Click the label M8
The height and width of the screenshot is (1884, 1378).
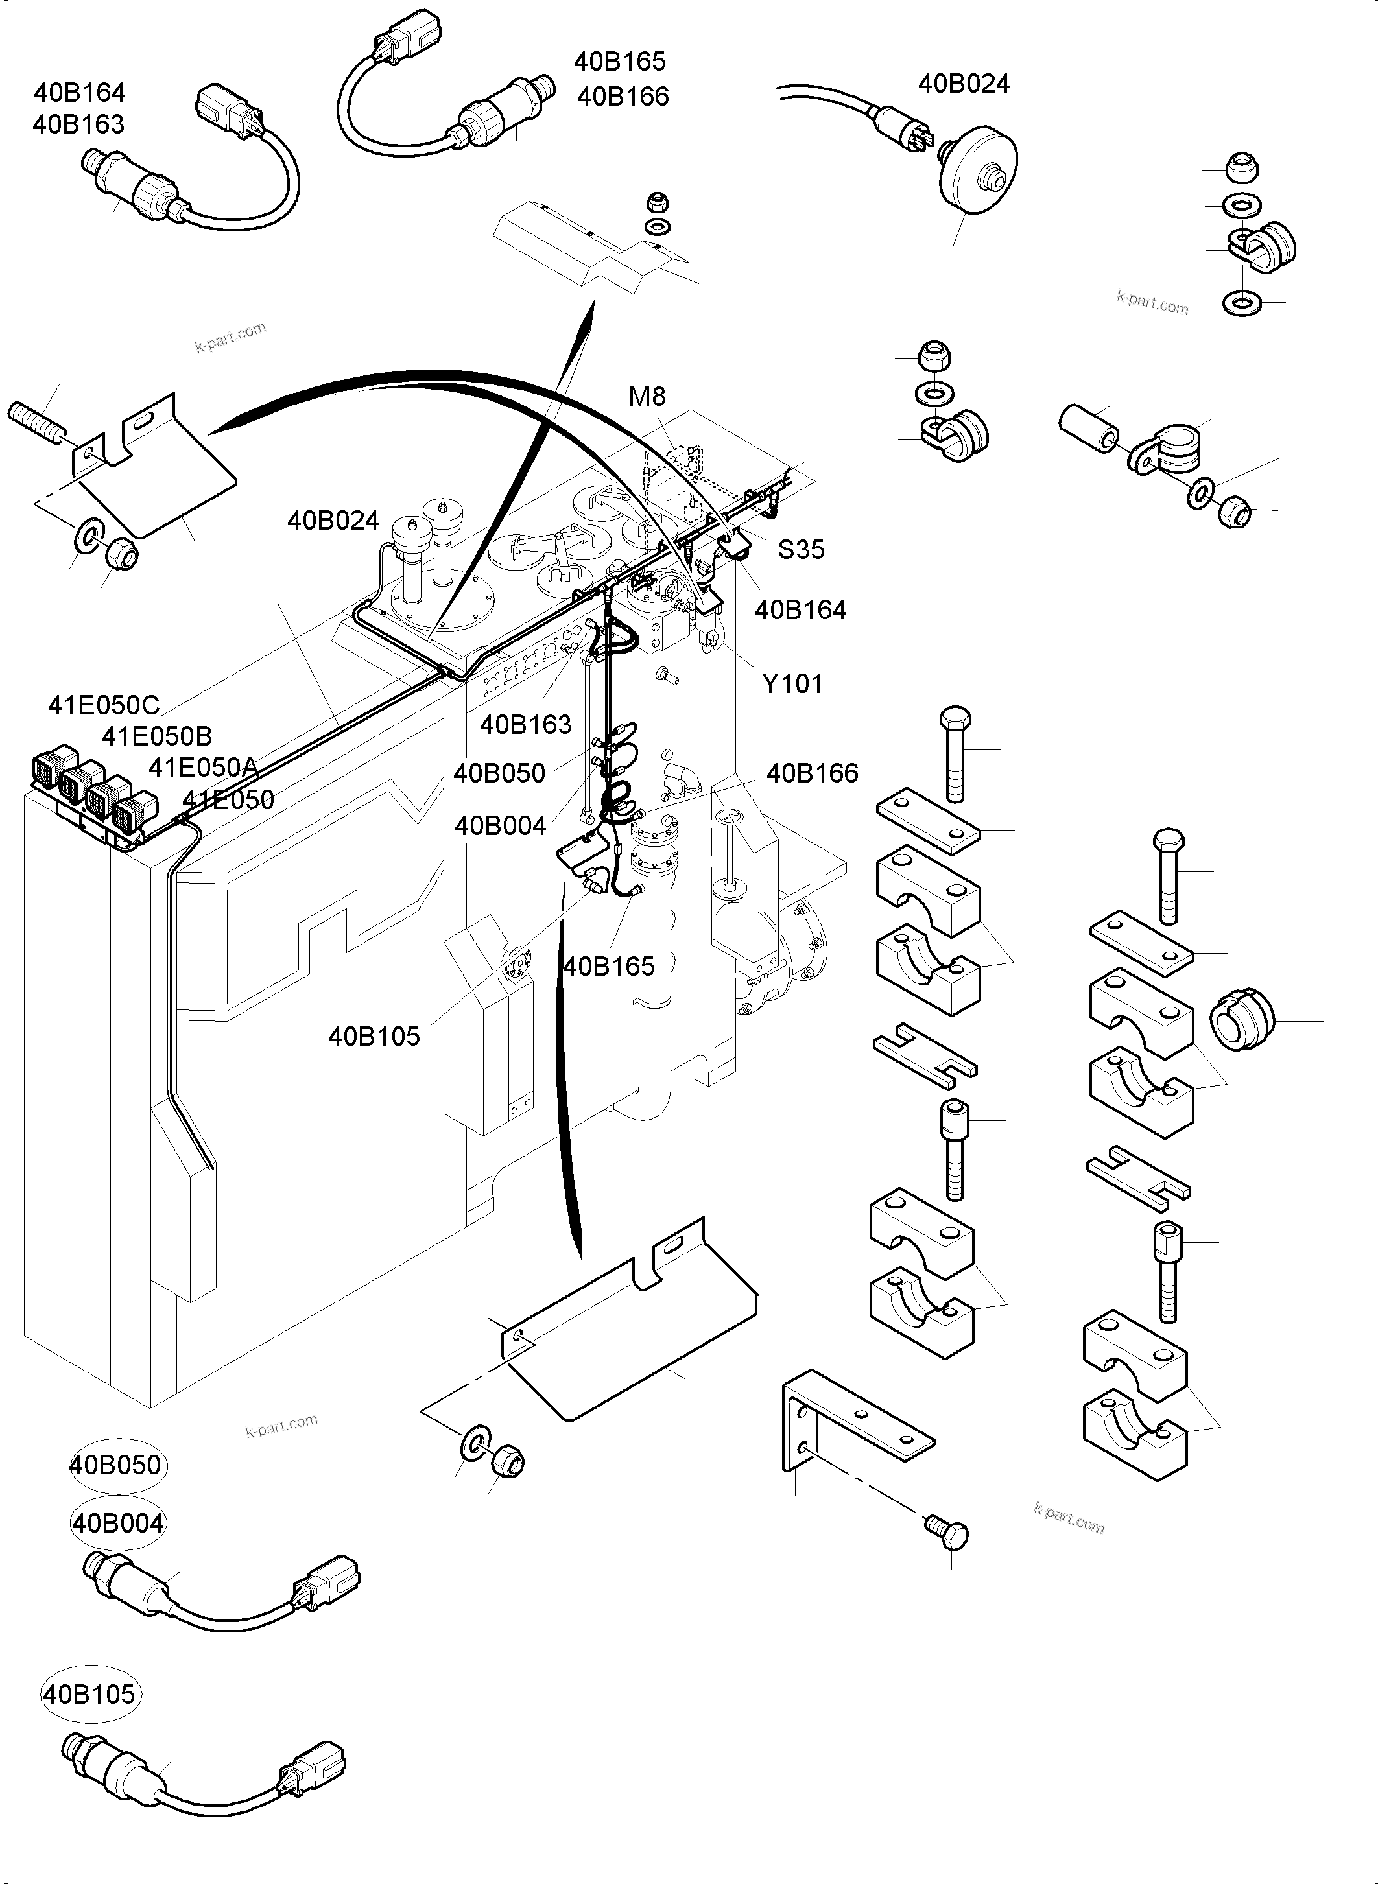(x=647, y=396)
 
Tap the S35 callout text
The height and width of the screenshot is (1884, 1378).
(x=800, y=550)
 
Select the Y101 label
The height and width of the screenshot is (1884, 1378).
(x=792, y=684)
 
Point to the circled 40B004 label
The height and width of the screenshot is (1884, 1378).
(x=117, y=1524)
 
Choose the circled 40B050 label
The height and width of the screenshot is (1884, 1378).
(x=116, y=1465)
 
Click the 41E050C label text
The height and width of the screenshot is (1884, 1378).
(x=104, y=705)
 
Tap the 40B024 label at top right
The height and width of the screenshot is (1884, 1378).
(x=964, y=84)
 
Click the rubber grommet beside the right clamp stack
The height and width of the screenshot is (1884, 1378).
(x=1241, y=1019)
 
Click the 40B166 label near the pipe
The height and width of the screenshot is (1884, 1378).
(x=812, y=773)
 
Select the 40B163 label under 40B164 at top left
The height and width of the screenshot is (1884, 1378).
(x=78, y=124)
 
